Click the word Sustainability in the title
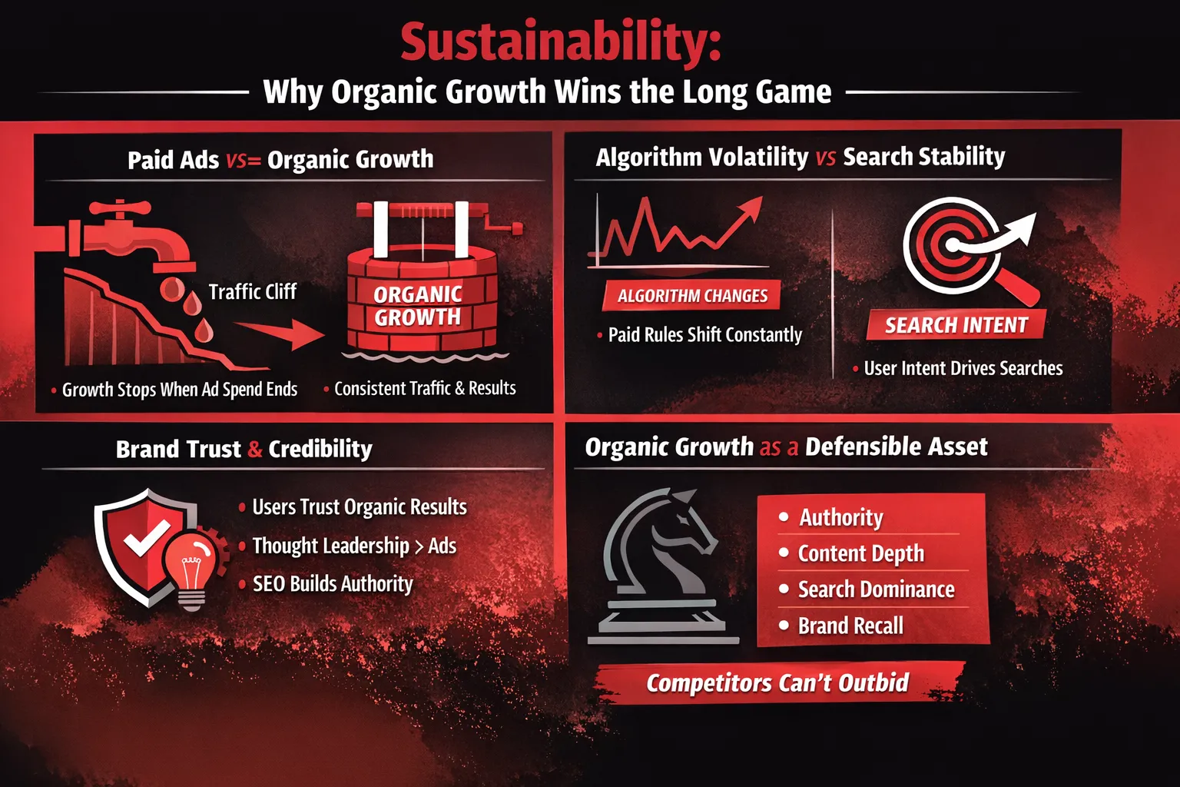(x=561, y=43)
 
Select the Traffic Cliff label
(x=253, y=291)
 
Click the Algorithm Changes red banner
(x=691, y=296)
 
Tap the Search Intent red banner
(x=956, y=324)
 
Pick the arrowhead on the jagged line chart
(x=751, y=208)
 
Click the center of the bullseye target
(x=953, y=245)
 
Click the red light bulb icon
(x=191, y=571)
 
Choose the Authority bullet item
(x=831, y=517)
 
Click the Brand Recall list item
(x=840, y=626)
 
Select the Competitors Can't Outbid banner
(x=778, y=682)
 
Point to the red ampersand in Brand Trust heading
(x=254, y=449)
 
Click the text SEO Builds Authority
(x=333, y=584)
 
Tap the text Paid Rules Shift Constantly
(x=704, y=335)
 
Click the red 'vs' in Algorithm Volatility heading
(x=826, y=158)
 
